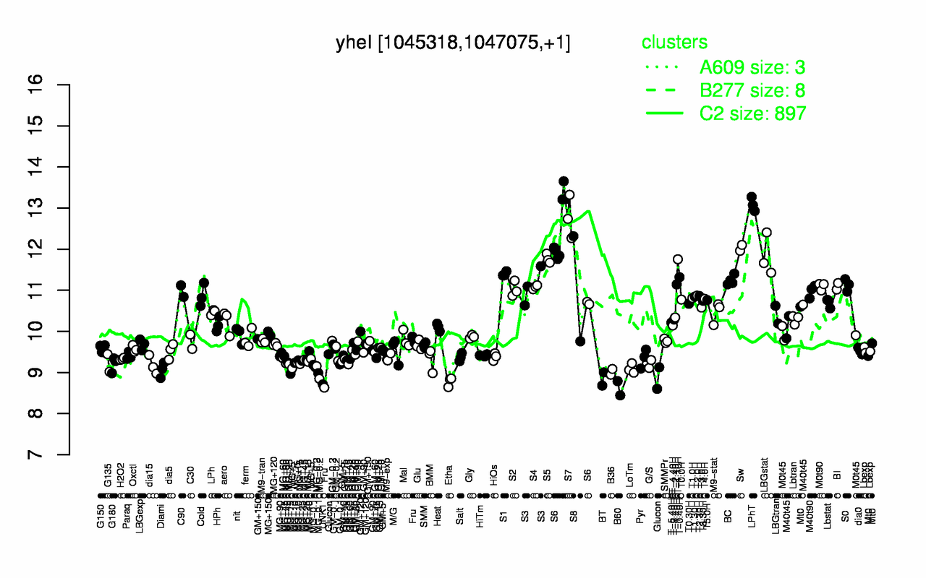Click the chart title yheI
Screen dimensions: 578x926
[x=453, y=43]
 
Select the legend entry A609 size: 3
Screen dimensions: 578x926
[x=752, y=67]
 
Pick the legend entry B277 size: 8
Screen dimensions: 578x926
[x=752, y=90]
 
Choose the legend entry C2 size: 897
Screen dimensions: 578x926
[x=752, y=113]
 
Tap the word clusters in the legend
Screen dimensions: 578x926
[x=674, y=43]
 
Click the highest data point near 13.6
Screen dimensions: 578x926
[x=564, y=181]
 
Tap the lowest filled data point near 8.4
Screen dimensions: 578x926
[x=620, y=394]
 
